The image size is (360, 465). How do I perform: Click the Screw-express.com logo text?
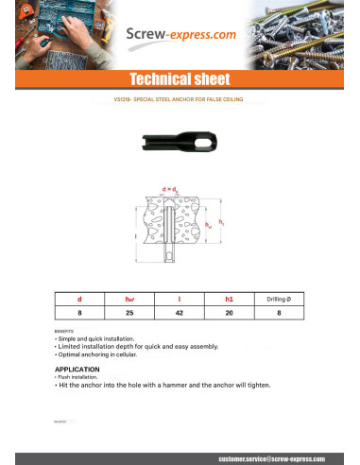180,36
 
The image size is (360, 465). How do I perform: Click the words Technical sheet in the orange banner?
180,78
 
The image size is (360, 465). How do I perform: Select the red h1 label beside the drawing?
222,223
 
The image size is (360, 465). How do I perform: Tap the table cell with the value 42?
180,311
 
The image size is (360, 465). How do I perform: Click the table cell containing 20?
230,311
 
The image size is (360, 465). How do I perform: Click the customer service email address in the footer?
269,456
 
